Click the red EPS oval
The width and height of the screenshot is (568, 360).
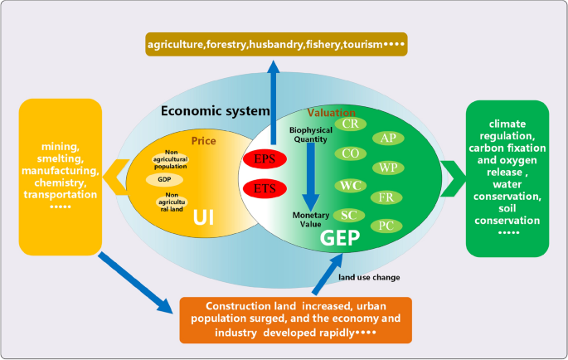[x=264, y=158]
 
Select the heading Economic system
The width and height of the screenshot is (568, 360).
[x=215, y=111]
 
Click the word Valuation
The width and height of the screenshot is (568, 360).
[x=333, y=112]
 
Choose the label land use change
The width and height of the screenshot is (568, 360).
[x=370, y=277]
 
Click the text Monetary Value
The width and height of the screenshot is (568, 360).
[x=312, y=220]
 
